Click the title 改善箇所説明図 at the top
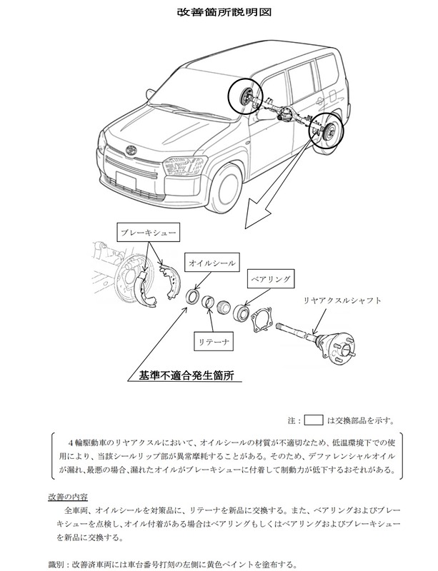219,13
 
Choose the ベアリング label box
265,276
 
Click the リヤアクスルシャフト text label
342,301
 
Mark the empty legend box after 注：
315,419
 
